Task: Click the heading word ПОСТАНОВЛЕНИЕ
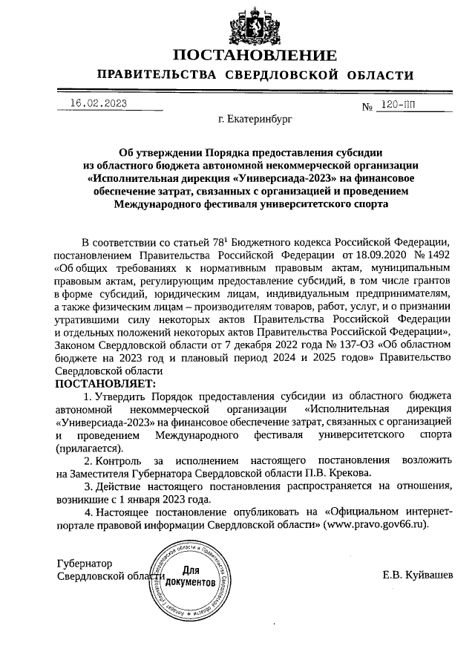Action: tap(255, 56)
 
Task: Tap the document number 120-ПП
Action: tap(397, 105)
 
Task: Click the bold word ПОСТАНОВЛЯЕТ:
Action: tap(105, 383)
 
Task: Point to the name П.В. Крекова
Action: tap(332, 473)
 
